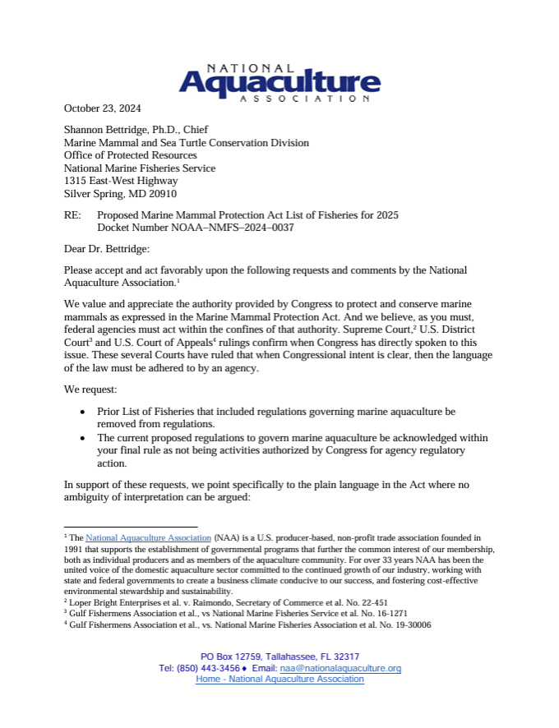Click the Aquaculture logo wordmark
pyautogui.click(x=279, y=83)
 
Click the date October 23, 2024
pyautogui.click(x=104, y=108)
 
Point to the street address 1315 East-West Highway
pyautogui.click(x=121, y=181)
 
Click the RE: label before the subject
pyautogui.click(x=72, y=215)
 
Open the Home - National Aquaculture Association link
pyautogui.click(x=279, y=680)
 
